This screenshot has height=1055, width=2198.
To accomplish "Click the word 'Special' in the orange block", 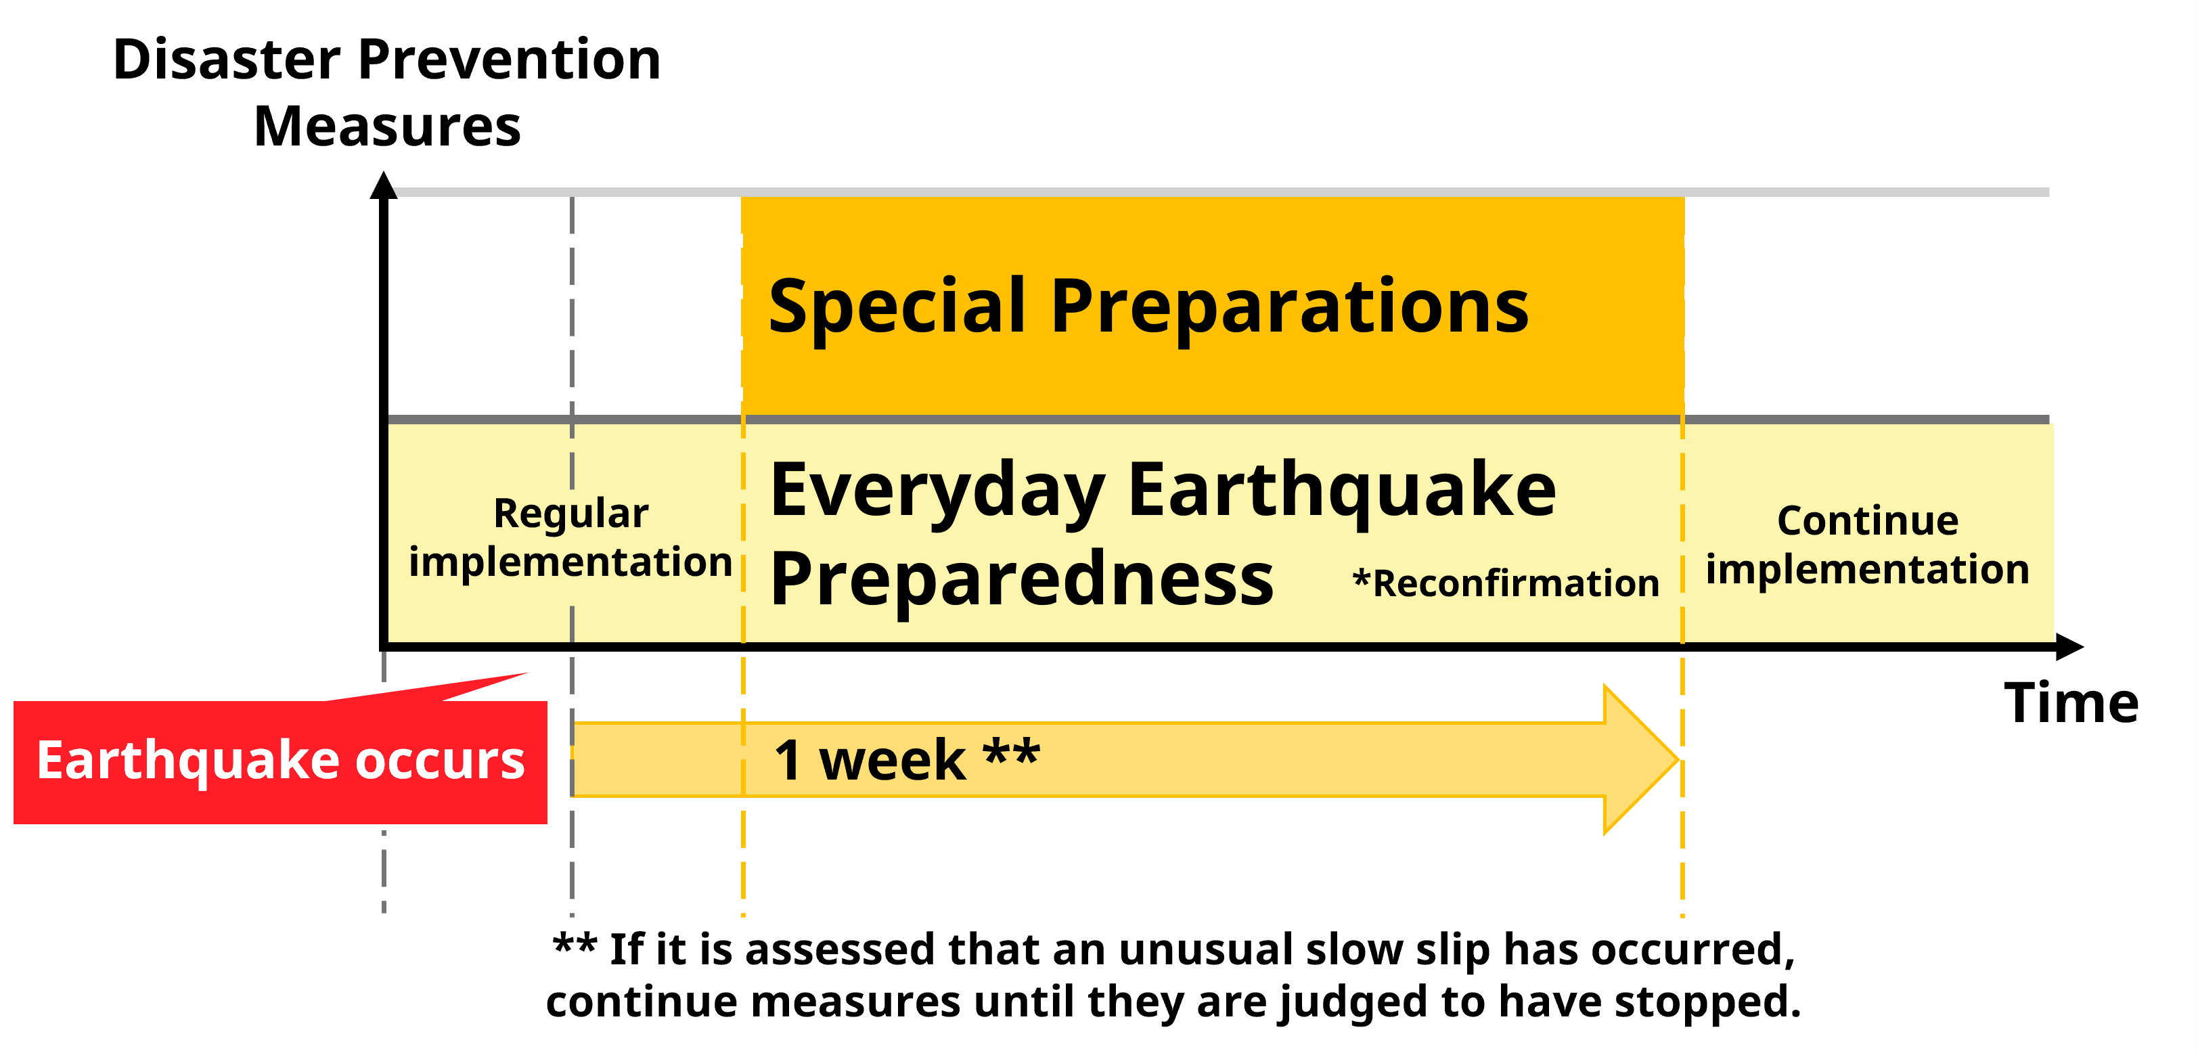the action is pos(897,308).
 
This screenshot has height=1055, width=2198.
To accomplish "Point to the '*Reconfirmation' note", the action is pos(1506,584).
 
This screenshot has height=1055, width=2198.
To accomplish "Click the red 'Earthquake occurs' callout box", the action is pos(281,761).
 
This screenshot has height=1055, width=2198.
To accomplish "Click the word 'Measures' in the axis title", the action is pos(387,127).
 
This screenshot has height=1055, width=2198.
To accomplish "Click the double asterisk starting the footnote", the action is pos(575,944).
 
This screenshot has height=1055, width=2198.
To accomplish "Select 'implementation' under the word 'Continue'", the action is pos(1868,569).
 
